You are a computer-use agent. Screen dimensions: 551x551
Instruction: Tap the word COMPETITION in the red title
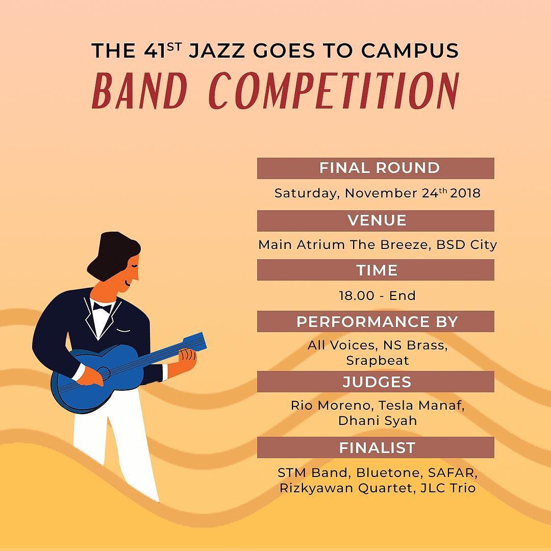tap(334, 91)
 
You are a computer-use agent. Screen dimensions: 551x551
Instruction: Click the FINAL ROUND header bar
tap(375, 168)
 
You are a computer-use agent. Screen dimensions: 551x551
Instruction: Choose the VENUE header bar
tap(375, 220)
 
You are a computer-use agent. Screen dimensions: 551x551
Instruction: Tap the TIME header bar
tap(375, 270)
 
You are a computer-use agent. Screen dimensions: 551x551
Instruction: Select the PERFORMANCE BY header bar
tap(375, 322)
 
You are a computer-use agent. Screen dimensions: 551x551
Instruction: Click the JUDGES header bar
tap(375, 382)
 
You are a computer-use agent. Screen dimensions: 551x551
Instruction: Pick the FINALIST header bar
tap(375, 447)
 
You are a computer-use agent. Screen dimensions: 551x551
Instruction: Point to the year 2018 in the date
tap(465, 194)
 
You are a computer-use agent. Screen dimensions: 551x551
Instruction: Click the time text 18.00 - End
tap(377, 296)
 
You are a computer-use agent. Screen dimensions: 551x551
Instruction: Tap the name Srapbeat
tap(377, 360)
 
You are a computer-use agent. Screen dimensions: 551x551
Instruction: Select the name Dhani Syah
tap(377, 421)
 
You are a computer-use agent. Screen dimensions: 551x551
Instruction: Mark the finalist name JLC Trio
tap(448, 488)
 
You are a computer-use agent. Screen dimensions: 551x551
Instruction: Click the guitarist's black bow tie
tap(102, 307)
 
